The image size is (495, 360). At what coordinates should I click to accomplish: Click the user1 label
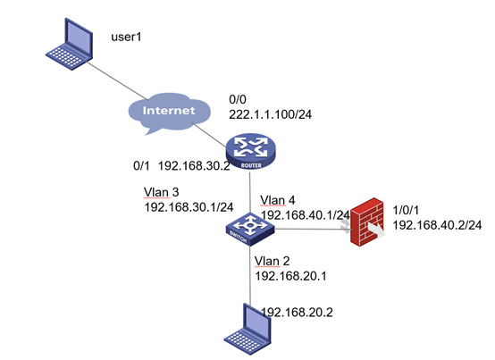click(x=126, y=37)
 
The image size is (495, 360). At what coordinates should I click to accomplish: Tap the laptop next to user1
click(x=70, y=44)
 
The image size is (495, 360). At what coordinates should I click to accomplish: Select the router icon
click(x=251, y=151)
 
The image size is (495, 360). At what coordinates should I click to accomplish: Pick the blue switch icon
click(x=250, y=230)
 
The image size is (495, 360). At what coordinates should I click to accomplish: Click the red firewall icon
click(x=368, y=222)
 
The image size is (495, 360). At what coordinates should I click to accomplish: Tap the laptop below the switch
click(x=248, y=329)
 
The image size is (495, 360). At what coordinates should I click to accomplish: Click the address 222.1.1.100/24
click(x=270, y=114)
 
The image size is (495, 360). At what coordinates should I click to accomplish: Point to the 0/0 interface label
click(x=238, y=99)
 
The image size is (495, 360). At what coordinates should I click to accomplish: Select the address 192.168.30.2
click(x=194, y=165)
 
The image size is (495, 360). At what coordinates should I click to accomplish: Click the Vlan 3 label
click(x=162, y=192)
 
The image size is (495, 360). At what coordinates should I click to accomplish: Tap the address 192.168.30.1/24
click(x=189, y=207)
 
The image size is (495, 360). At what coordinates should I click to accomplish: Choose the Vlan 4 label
click(x=278, y=200)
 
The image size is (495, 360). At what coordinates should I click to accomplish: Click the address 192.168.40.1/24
click(x=305, y=215)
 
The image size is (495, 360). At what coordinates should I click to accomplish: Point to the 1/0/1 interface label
click(x=406, y=210)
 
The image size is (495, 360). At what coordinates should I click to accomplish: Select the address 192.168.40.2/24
click(x=437, y=225)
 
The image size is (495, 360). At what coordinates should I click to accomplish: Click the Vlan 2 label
click(x=272, y=261)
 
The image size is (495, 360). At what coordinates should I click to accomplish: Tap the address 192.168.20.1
click(x=290, y=276)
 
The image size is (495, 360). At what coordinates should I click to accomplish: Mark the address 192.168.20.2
click(x=297, y=313)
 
